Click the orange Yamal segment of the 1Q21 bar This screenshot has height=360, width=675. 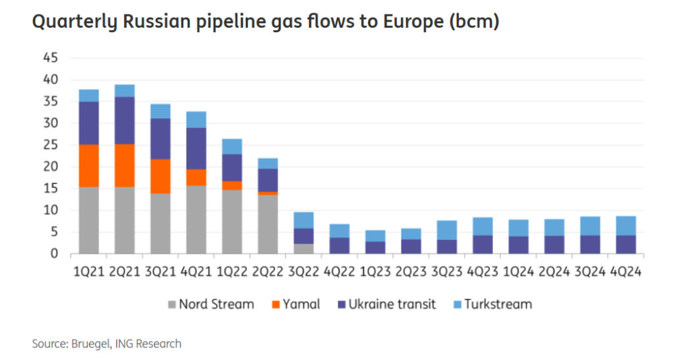tap(89, 165)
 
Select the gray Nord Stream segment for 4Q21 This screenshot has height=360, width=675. tap(196, 220)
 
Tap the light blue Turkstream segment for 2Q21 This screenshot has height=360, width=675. tap(125, 90)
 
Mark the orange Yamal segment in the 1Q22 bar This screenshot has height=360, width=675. tap(233, 185)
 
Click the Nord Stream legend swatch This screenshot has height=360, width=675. tap(173, 305)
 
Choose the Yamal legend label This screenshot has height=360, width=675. tap(302, 304)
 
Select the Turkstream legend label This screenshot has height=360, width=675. tap(498, 304)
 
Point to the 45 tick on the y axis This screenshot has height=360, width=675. tap(51, 58)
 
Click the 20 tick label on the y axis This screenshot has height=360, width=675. tap(51, 167)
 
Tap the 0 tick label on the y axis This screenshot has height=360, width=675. tap(55, 254)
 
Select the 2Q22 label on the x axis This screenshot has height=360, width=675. tap(268, 271)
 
